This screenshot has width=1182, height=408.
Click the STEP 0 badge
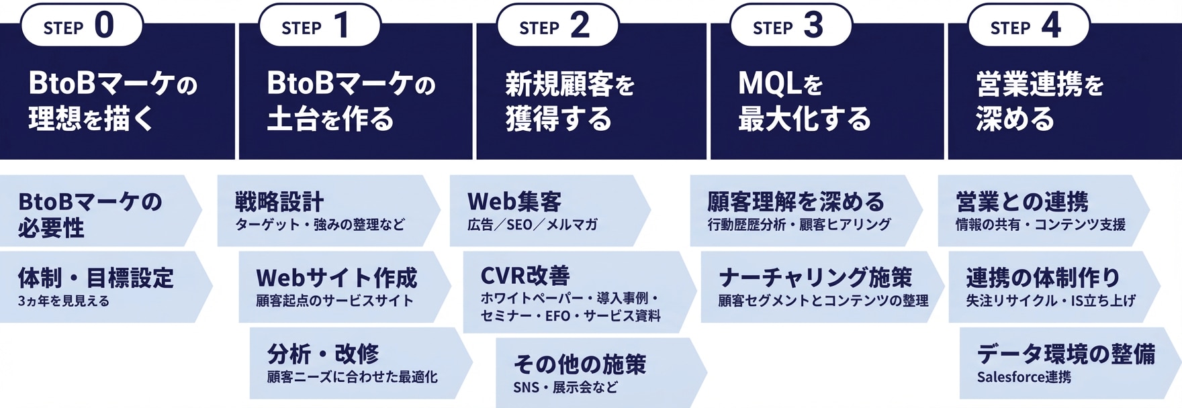coord(81,25)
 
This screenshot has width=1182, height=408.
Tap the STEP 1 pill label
coord(319,25)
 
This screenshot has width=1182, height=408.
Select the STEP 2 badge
coord(557,25)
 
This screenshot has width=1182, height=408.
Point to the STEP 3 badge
coord(790,25)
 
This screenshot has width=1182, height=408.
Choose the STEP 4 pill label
coord(1028,25)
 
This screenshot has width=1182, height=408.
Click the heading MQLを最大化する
coord(804,101)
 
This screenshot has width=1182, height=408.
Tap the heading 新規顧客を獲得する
coord(570,101)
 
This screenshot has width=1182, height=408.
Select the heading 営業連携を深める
coord(1040,101)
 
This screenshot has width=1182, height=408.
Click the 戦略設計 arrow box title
coord(279,201)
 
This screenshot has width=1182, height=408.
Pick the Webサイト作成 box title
coord(336,277)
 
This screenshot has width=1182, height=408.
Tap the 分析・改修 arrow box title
coord(323,353)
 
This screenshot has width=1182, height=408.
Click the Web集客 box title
coord(514,201)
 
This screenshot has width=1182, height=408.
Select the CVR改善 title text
coord(525,275)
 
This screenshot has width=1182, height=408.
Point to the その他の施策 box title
coord(580,364)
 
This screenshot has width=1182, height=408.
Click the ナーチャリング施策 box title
coord(815,277)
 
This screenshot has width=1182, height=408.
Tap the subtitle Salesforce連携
coord(1024,377)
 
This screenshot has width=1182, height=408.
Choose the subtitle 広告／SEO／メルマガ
coord(532,225)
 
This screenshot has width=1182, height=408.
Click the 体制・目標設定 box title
coord(96,277)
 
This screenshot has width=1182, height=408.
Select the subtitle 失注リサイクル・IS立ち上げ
coord(1050,301)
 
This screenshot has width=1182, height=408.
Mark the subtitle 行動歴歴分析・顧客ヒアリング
coord(799,225)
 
